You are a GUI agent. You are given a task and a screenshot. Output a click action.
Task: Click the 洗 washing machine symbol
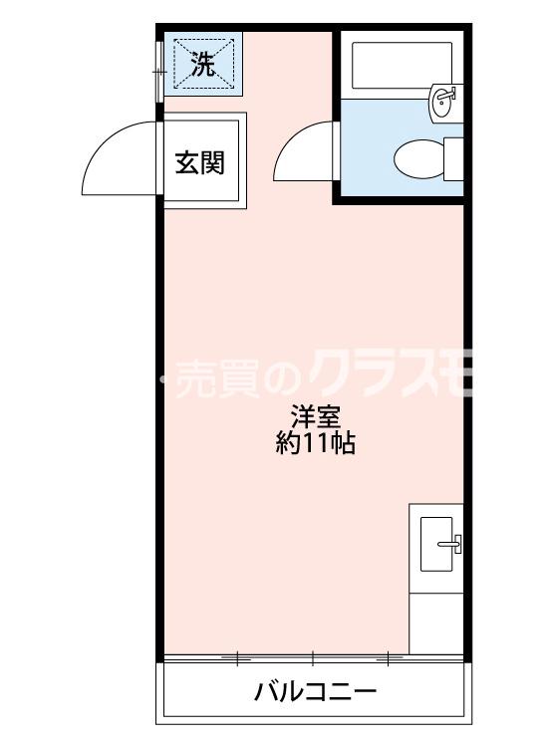203,66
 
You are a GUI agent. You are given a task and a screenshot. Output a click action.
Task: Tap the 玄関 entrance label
199,161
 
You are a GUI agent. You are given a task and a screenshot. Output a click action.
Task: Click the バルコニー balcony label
315,690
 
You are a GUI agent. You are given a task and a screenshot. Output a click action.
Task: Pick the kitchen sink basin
440,543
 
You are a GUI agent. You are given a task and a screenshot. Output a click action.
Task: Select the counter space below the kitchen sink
436,622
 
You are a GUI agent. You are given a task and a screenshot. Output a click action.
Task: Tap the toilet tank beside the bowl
453,158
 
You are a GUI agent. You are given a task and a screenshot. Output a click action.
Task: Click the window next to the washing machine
158,70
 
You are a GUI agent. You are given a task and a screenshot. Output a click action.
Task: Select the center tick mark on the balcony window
313,657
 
